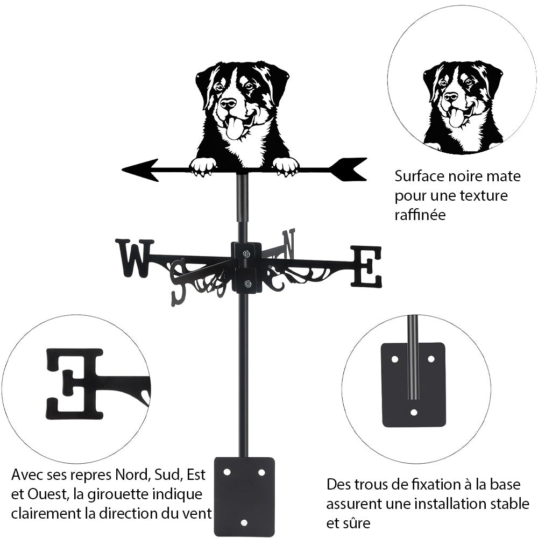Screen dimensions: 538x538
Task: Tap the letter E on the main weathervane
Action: (x=366, y=266)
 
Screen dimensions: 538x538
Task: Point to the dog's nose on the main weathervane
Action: (x=228, y=104)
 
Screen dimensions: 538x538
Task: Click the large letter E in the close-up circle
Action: (x=75, y=383)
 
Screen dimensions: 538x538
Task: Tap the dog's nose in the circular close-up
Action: (x=451, y=97)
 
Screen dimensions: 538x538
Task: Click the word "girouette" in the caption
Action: (x=132, y=494)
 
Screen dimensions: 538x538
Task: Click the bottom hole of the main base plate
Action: (x=244, y=522)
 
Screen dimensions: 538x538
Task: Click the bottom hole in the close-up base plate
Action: (x=413, y=413)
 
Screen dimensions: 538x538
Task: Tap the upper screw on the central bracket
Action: (x=246, y=254)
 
